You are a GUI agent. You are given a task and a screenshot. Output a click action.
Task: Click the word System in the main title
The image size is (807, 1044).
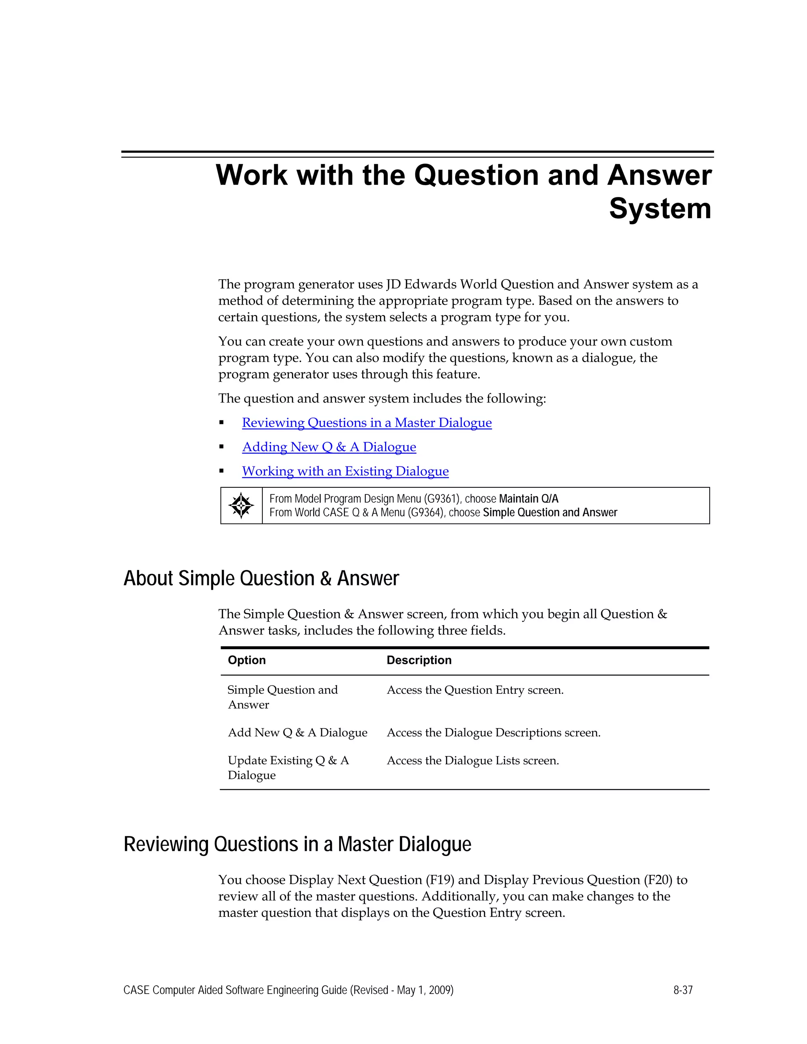click(x=660, y=209)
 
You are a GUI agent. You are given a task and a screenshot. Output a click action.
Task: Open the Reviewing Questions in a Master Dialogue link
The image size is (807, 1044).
click(x=367, y=423)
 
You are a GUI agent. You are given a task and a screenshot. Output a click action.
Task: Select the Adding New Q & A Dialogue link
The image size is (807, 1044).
click(x=329, y=447)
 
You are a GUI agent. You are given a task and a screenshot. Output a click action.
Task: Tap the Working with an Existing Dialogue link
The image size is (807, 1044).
click(x=345, y=471)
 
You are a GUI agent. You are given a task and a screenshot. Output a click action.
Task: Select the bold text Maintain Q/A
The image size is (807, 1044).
click(x=528, y=499)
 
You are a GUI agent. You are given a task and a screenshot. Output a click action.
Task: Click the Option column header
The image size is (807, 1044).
click(x=247, y=660)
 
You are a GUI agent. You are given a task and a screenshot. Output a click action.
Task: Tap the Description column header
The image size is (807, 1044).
click(x=419, y=660)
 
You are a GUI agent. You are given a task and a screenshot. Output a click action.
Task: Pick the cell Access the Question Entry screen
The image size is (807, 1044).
click(x=475, y=690)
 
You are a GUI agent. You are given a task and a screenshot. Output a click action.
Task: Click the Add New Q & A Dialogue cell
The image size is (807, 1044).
click(x=298, y=733)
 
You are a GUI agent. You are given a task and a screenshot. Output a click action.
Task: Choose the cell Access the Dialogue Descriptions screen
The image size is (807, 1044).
click(x=493, y=733)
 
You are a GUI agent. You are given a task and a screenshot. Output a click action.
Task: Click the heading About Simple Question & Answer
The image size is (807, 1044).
click(x=261, y=578)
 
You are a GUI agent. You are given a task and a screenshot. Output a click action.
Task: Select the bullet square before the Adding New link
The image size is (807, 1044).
click(x=221, y=447)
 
